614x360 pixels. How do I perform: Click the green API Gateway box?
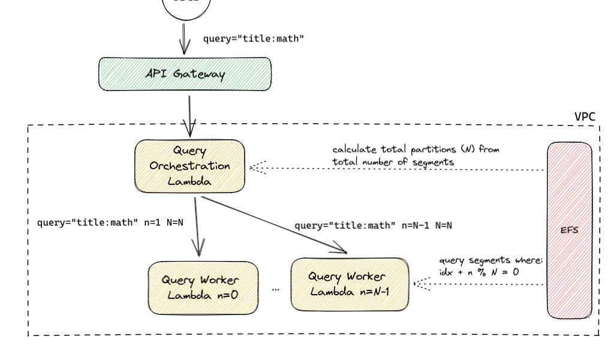[x=185, y=74]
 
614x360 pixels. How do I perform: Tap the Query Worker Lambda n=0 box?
[x=203, y=287]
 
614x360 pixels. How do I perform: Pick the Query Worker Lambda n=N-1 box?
[x=350, y=284]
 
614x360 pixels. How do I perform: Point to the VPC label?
[x=585, y=116]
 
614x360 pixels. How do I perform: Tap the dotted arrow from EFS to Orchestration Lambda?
[x=396, y=169]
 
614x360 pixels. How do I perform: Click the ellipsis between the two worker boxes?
[x=275, y=289]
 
